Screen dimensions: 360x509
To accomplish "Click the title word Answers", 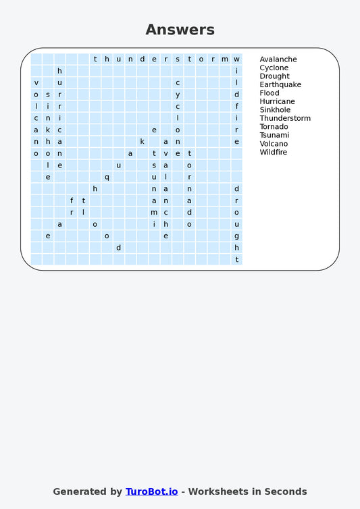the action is click(180, 30).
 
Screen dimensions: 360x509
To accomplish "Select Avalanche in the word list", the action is click(278, 59).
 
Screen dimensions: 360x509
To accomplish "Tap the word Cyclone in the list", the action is click(274, 68).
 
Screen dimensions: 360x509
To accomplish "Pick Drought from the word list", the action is click(274, 76).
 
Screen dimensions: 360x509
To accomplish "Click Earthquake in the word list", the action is click(280, 85).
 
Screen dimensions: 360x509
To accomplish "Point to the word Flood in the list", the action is click(269, 93).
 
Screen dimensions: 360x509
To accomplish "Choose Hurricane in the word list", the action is click(277, 102).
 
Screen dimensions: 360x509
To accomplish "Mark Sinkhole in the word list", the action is click(275, 110).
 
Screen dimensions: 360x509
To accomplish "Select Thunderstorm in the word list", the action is click(285, 119).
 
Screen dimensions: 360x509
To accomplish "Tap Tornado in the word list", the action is click(274, 127).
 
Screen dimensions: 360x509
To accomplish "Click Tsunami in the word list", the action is click(274, 135).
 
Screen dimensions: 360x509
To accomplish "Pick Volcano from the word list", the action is click(274, 144).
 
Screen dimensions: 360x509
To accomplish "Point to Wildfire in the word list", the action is click(273, 153).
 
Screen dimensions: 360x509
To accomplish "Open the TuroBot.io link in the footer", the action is click(151, 491).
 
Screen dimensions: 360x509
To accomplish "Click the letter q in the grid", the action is click(107, 178).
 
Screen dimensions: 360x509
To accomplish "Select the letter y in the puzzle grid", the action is click(178, 95).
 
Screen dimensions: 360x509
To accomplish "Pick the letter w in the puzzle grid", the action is click(236, 59).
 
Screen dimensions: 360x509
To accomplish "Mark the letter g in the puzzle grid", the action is click(236, 236).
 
